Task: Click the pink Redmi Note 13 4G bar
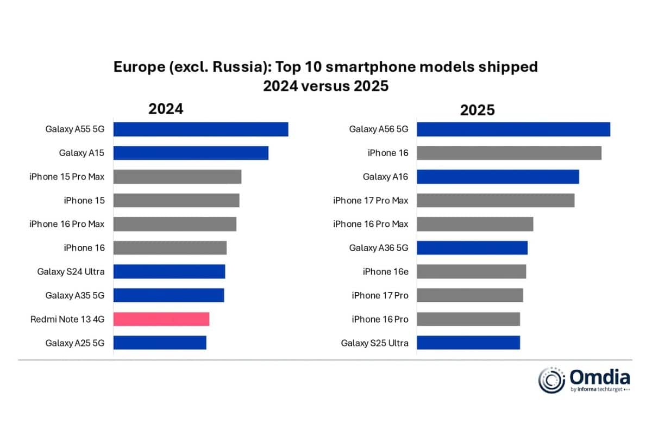(x=161, y=319)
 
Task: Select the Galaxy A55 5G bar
(x=200, y=129)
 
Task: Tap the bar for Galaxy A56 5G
(x=513, y=129)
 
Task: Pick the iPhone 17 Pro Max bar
(x=495, y=201)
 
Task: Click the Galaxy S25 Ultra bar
(x=468, y=343)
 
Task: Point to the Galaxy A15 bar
(x=191, y=153)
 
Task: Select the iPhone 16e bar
(x=471, y=271)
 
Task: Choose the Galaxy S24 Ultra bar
(x=169, y=272)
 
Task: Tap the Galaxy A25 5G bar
(x=160, y=343)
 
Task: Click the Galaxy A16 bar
(x=498, y=177)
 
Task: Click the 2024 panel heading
(x=166, y=109)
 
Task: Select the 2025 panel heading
(x=477, y=110)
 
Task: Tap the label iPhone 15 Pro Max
(x=67, y=177)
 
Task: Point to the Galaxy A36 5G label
(x=378, y=248)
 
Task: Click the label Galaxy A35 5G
(x=75, y=295)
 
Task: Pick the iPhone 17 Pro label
(x=380, y=295)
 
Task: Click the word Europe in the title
(x=138, y=67)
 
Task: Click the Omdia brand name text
(x=600, y=376)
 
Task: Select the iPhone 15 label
(x=84, y=201)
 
